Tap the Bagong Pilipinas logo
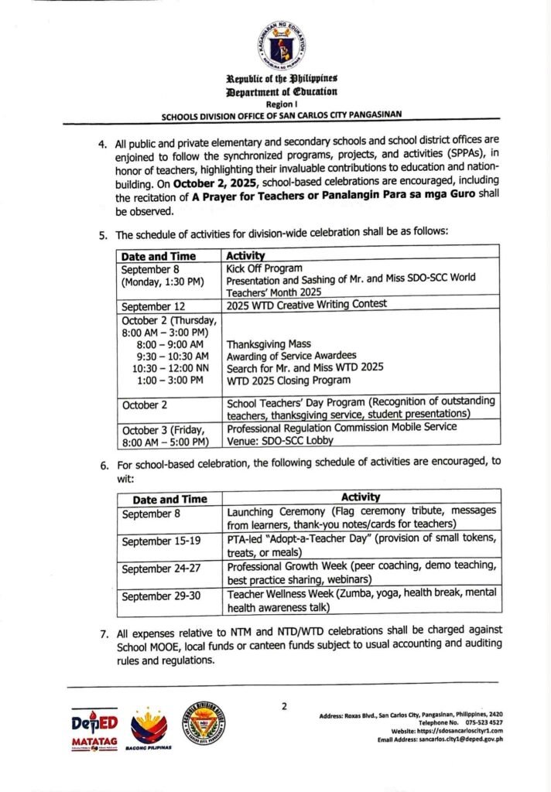pos(149,729)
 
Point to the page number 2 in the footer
pos(284,705)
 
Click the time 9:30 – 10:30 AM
pos(169,356)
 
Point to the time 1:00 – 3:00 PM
pos(169,380)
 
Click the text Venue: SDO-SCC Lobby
pos(280,440)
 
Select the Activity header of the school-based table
pos(360,497)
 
